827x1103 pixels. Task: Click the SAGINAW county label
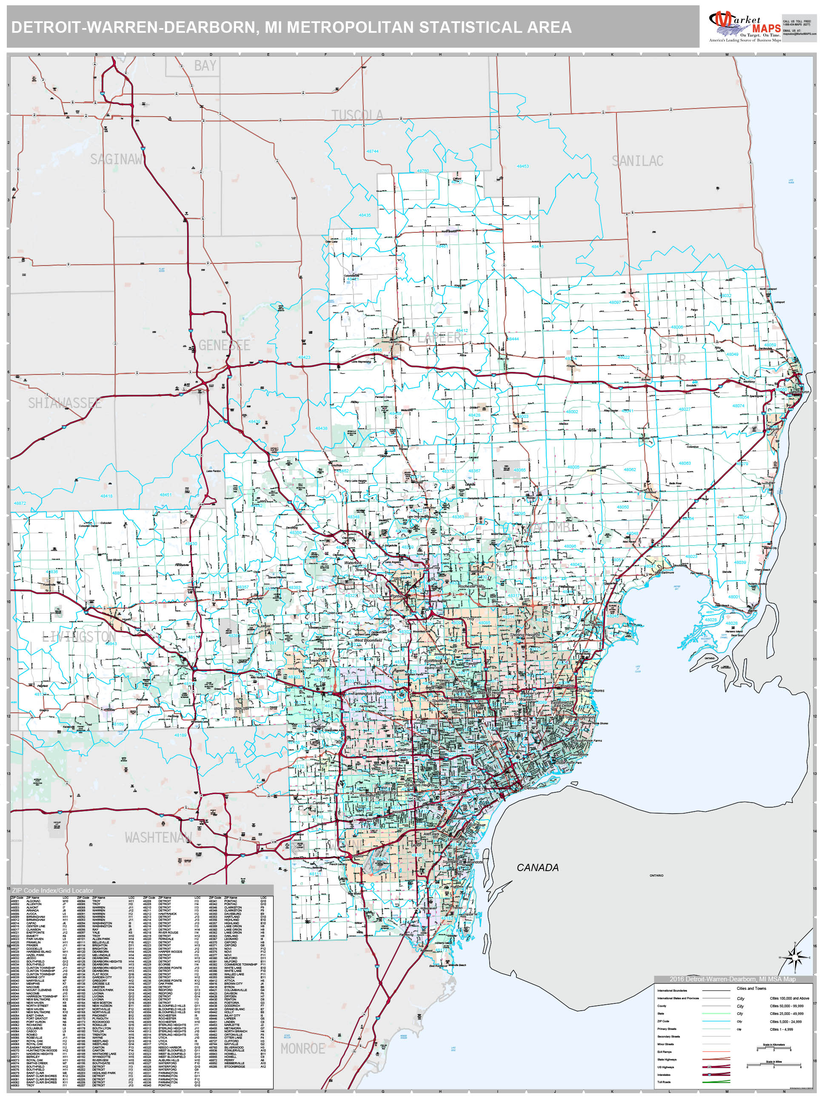pos(116,159)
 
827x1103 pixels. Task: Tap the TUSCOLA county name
pos(357,116)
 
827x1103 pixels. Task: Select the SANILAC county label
pos(637,161)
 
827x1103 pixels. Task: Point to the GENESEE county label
pos(224,345)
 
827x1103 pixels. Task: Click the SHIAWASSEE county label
pos(65,403)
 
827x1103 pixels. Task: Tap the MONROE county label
pos(302,1049)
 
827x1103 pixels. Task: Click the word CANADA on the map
pos(537,868)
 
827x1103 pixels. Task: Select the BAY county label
pos(205,66)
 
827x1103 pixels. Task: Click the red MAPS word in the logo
pos(766,29)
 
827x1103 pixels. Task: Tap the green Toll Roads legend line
pos(716,1082)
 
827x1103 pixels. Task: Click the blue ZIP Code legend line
pos(716,1021)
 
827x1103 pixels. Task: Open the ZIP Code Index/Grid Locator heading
pos(53,890)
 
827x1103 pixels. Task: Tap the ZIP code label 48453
pos(522,166)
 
